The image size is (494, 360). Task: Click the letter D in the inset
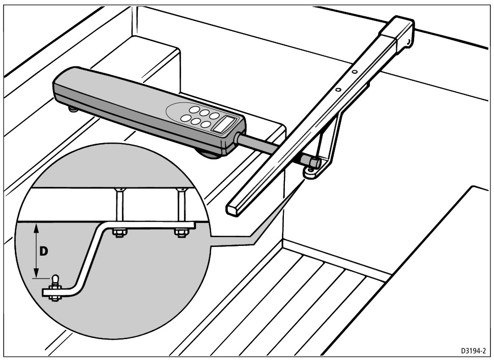[44, 251]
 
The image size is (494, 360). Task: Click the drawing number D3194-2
[474, 350]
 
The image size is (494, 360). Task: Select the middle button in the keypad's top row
[205, 113]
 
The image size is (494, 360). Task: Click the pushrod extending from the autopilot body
[258, 145]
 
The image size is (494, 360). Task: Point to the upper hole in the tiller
[355, 72]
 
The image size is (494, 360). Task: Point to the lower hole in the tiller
[338, 90]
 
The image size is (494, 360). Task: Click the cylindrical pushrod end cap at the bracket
[313, 162]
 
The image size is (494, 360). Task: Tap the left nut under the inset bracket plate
[120, 233]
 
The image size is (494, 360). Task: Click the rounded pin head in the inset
[56, 279]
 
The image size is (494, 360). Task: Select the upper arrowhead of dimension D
[37, 227]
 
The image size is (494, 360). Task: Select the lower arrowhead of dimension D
[37, 273]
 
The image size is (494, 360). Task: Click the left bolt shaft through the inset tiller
[120, 205]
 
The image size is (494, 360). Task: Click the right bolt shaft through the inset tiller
[182, 205]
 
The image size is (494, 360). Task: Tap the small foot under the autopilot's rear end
[73, 109]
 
